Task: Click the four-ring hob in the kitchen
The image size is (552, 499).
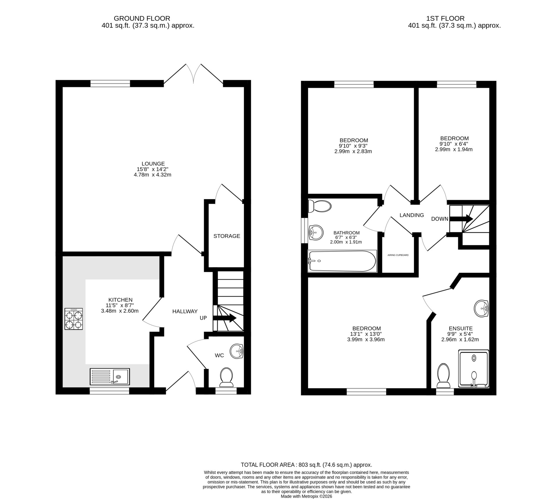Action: pos(74,319)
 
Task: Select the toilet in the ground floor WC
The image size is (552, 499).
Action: pos(226,377)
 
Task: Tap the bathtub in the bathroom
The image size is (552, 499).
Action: pos(342,261)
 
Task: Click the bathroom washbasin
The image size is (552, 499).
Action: pos(316,233)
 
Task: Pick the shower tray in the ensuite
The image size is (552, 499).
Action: pos(474,369)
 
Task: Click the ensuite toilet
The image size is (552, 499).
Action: pos(444,376)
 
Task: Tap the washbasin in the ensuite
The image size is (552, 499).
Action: pos(482,308)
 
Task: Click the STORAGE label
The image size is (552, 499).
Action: pos(227,236)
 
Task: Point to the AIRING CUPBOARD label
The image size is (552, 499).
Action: pos(398,255)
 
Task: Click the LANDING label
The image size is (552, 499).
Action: pos(412,215)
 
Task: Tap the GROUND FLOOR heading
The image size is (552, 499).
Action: pos(142,19)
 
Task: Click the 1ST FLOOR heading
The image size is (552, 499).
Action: pos(445,19)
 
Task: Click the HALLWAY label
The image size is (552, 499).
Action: pos(185,311)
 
